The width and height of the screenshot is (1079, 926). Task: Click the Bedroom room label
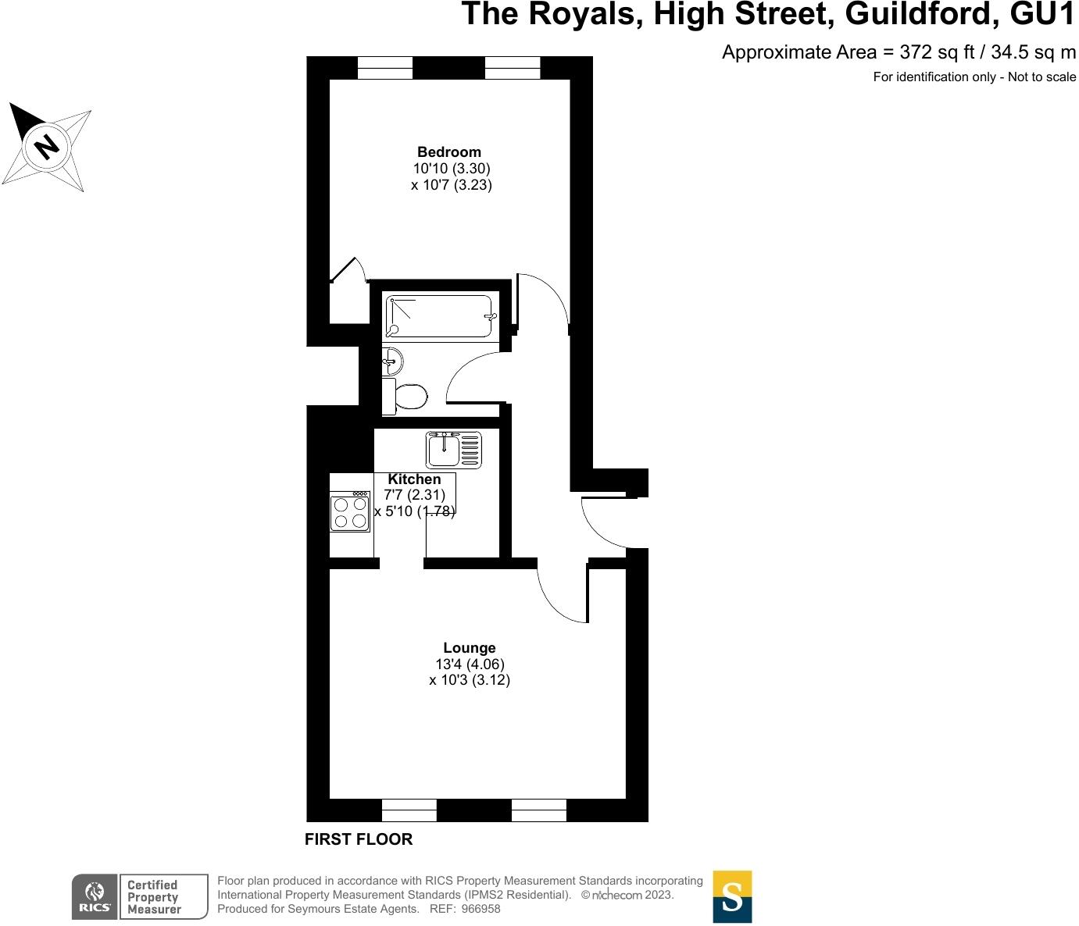[x=449, y=152]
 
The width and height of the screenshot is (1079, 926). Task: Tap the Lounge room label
[x=470, y=648]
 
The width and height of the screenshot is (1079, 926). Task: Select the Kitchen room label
[x=414, y=479]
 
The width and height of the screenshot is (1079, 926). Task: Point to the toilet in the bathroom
[x=409, y=397]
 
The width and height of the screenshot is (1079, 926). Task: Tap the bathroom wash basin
[x=393, y=361]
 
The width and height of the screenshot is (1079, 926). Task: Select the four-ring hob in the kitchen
[x=350, y=512]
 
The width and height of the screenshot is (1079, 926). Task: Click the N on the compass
[x=48, y=146]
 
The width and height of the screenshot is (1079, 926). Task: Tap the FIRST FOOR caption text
[x=359, y=840]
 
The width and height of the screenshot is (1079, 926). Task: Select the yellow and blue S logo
[x=732, y=896]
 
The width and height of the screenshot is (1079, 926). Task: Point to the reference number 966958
[x=482, y=909]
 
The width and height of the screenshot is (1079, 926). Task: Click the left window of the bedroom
[x=385, y=69]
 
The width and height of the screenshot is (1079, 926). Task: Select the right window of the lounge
[x=539, y=810]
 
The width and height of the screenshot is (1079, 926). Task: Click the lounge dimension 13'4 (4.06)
[x=470, y=664]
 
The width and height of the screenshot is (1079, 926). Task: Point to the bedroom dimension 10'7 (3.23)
[x=452, y=185]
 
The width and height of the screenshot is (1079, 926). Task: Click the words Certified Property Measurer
[x=154, y=897]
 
